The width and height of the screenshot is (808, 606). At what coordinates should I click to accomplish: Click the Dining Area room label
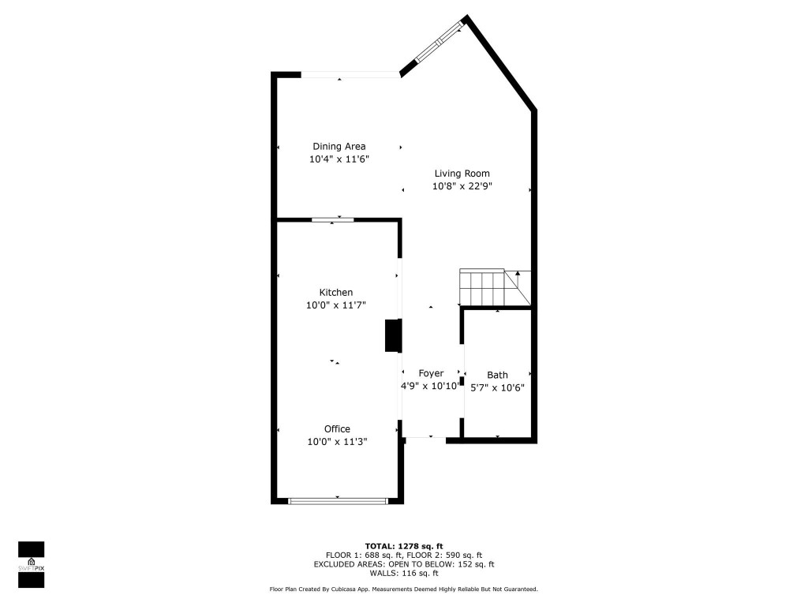tap(339, 146)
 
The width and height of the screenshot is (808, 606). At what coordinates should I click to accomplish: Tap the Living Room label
tap(462, 174)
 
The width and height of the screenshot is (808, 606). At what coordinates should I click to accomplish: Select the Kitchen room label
tap(335, 292)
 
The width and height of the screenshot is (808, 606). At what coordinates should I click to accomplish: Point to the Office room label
tap(337, 429)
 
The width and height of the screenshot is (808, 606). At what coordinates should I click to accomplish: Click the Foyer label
tap(431, 373)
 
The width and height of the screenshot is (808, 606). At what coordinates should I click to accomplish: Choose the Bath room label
tap(497, 375)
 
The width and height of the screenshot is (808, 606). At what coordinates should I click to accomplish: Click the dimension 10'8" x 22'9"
tap(462, 187)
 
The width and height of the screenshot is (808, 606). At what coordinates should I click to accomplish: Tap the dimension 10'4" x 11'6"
tap(339, 159)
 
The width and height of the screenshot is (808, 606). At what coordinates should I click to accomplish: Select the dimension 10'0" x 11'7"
tap(335, 305)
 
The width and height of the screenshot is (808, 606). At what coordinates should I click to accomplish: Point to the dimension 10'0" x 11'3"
tap(337, 443)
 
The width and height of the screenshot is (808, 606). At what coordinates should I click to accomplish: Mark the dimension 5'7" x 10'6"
tap(497, 387)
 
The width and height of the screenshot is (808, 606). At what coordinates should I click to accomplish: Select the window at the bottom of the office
tap(338, 500)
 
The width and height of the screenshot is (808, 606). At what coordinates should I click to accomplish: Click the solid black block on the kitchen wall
tap(392, 335)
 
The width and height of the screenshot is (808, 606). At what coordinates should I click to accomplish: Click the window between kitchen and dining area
tap(331, 219)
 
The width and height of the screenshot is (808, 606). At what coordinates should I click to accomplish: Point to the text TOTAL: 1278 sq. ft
tap(404, 546)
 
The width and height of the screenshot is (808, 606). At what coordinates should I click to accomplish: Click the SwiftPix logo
tap(32, 564)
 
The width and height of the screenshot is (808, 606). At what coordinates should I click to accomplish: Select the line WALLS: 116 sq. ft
tap(403, 573)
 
